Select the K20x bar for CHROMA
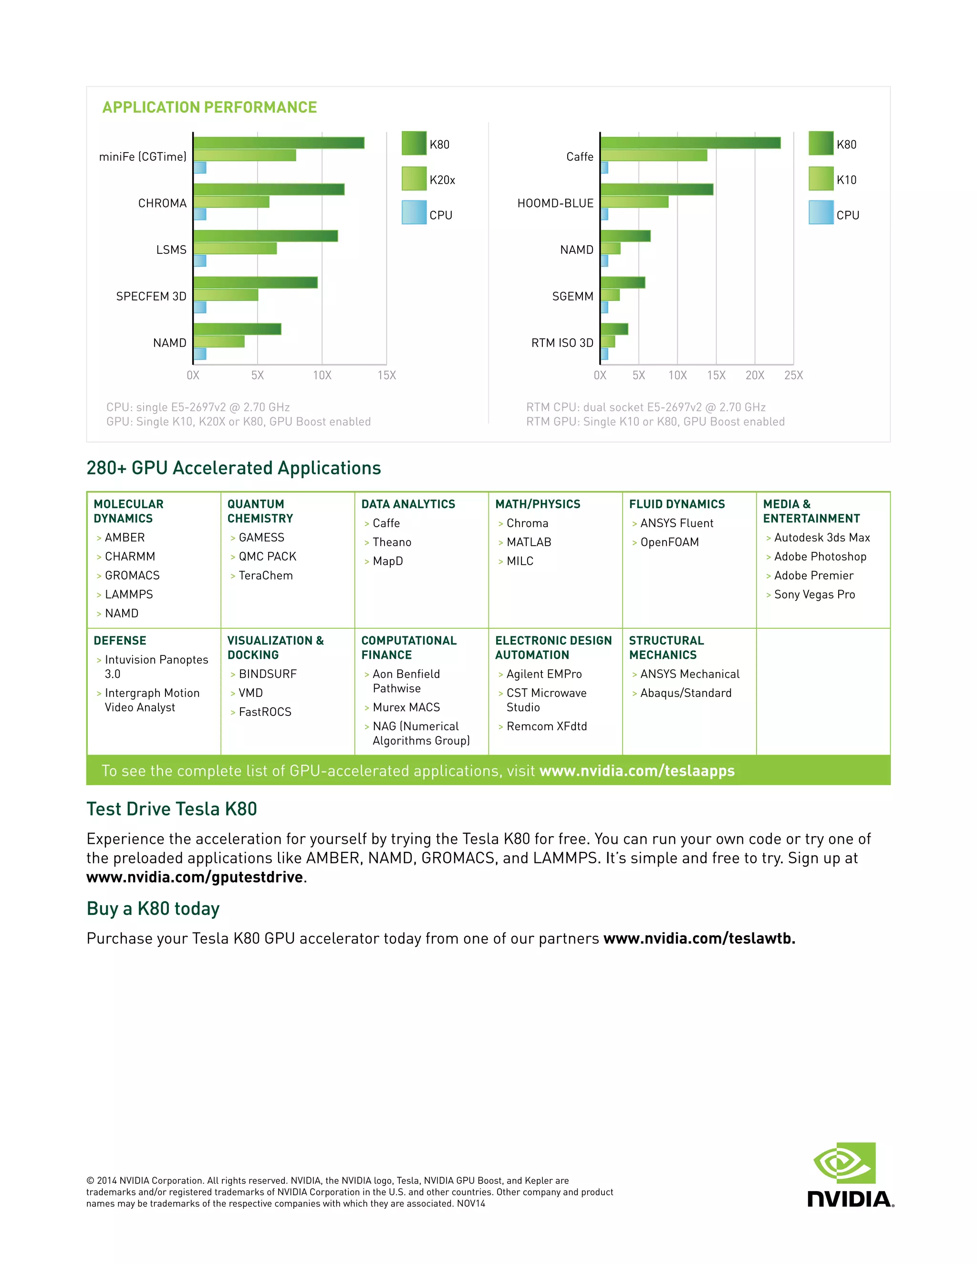(231, 202)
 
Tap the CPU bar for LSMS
(200, 260)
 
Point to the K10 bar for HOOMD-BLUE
(634, 202)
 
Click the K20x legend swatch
(414, 179)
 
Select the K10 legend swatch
(821, 179)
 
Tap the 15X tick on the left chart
(386, 375)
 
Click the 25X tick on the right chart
(793, 375)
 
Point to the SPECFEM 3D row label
(151, 296)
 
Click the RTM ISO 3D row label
(562, 342)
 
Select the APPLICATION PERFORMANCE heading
(209, 108)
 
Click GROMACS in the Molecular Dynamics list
(132, 575)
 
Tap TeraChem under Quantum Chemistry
(266, 575)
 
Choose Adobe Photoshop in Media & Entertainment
(820, 556)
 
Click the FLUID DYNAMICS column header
(676, 504)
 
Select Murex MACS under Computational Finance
(406, 707)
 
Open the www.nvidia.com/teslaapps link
(637, 771)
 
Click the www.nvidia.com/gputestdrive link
(195, 877)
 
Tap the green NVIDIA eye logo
(845, 1163)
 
